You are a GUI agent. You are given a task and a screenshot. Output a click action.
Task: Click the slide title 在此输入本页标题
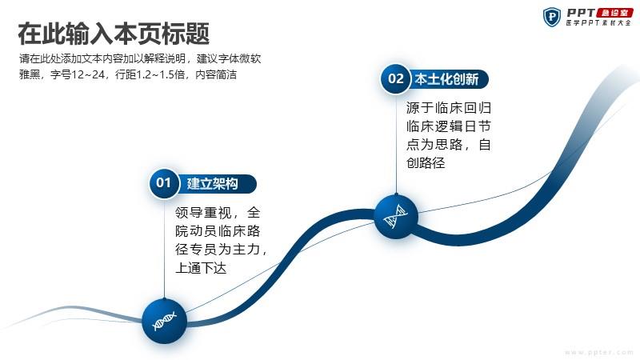(x=114, y=34)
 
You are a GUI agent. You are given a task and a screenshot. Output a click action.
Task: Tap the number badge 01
(x=164, y=183)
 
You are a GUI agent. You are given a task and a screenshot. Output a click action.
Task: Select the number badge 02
(x=395, y=78)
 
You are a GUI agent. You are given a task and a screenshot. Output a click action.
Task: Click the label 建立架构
(x=212, y=184)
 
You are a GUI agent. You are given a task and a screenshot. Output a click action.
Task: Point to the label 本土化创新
(x=446, y=79)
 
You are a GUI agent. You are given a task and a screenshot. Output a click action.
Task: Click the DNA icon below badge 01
(x=164, y=321)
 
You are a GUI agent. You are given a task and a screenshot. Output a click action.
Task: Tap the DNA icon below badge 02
(x=396, y=216)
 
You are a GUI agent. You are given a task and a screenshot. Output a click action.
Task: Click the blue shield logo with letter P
(x=551, y=17)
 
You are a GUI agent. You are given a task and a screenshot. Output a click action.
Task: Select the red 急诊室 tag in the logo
(x=614, y=13)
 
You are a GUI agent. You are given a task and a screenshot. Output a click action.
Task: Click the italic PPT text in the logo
(x=581, y=13)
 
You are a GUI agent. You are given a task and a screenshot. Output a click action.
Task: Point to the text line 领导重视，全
(x=218, y=213)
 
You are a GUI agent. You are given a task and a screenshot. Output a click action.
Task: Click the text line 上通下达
(x=201, y=268)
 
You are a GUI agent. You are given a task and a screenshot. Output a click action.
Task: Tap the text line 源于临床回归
(x=449, y=108)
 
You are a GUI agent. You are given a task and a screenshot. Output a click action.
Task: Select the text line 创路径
(x=426, y=163)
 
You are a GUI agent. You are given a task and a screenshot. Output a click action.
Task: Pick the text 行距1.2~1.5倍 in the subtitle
(x=150, y=74)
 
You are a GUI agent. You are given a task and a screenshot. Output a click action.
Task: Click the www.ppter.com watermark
(x=599, y=352)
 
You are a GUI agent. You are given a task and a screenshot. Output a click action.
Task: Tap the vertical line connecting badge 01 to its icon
(x=164, y=248)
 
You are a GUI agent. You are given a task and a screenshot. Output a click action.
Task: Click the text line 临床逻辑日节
(x=449, y=126)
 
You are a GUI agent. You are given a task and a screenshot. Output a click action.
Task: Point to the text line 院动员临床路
(x=218, y=231)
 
